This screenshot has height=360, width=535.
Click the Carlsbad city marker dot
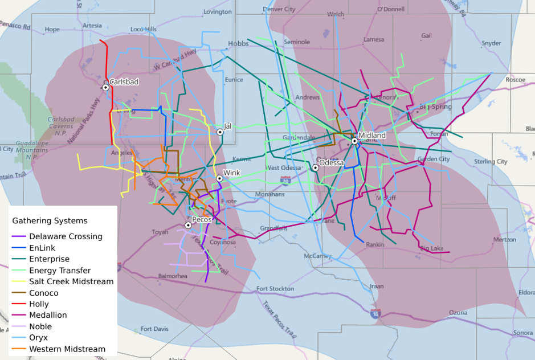click(105, 87)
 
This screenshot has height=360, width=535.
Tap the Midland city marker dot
click(354, 141)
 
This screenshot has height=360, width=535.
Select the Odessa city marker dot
click(315, 167)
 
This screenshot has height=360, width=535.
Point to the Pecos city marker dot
click(188, 226)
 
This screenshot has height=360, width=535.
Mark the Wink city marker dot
click(219, 178)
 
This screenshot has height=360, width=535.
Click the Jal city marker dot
click(220, 132)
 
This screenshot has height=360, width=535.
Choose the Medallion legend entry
click(48, 315)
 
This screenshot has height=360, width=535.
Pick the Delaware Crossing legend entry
click(66, 236)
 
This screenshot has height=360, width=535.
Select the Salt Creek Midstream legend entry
click(71, 281)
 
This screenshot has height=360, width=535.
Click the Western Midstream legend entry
click(67, 349)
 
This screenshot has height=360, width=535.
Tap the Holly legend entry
click(39, 304)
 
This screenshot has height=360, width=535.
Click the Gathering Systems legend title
click(50, 220)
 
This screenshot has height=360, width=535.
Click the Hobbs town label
click(238, 44)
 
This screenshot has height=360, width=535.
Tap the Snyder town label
click(491, 43)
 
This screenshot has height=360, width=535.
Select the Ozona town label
click(458, 313)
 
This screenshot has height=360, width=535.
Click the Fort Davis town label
click(154, 329)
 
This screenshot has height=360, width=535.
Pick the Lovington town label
click(218, 12)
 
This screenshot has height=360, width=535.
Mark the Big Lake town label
click(432, 249)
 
